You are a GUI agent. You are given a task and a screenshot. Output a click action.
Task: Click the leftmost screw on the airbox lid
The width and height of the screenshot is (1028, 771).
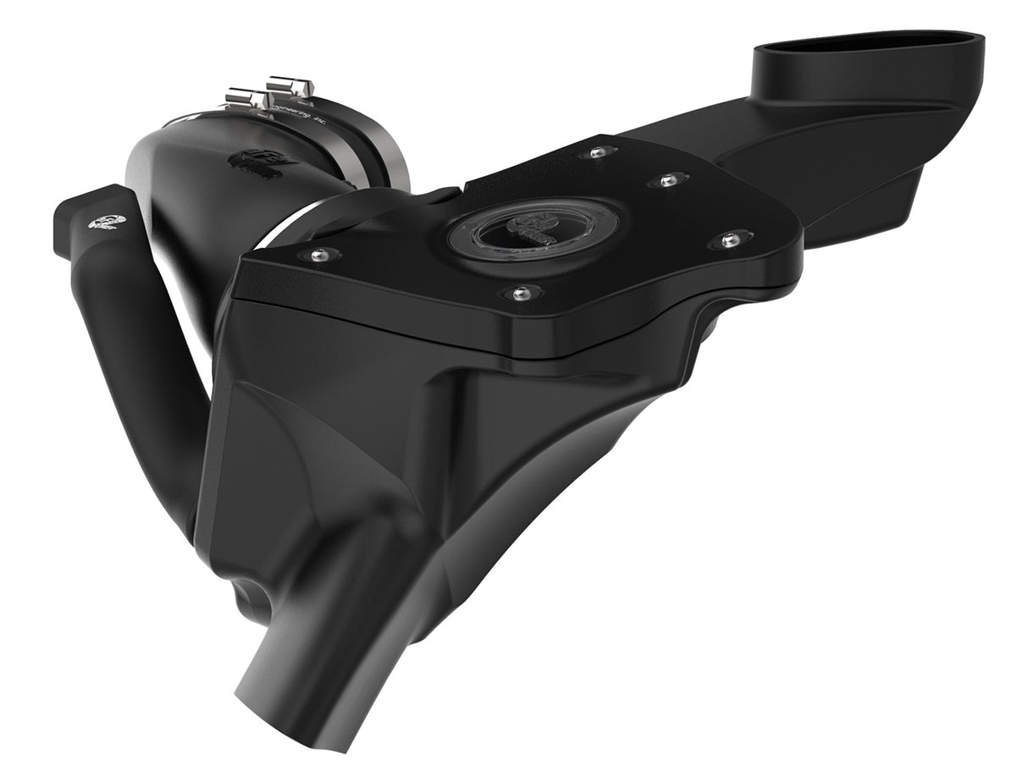[320, 254]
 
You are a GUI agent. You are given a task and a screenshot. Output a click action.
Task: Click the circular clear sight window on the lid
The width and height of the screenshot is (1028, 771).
[532, 230]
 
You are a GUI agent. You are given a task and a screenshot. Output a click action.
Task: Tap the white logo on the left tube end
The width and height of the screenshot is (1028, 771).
[108, 223]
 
